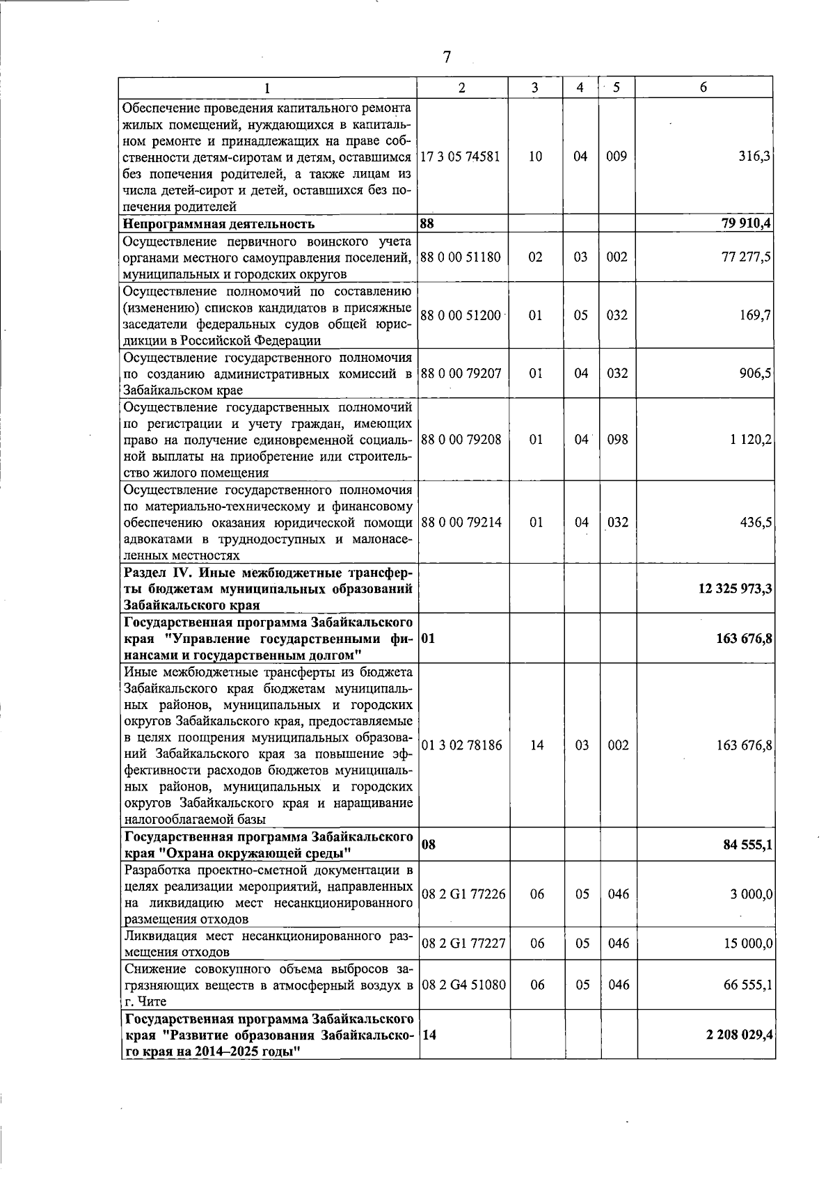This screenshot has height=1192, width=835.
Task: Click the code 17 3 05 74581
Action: pos(461,156)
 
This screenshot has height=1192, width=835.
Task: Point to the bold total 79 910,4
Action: pos(745,223)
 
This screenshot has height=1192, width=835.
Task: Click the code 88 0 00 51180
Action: pos(461,257)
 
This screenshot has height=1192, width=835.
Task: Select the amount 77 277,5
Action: pos(747,257)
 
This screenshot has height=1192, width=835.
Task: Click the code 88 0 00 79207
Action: pos(461,373)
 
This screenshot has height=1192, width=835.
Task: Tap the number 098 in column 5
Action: pos(617,440)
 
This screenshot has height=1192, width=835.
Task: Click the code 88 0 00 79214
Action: pos(461,522)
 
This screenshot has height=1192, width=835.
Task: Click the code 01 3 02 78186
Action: pos(461,745)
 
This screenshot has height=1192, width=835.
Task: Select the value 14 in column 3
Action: pos(536,745)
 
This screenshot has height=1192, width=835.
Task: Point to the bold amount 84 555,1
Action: pos(745,845)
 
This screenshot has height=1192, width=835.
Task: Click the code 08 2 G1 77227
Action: pos(463,944)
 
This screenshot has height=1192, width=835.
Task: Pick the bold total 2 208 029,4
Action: pos(739,1035)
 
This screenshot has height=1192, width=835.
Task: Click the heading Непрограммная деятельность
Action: pos(218,223)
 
